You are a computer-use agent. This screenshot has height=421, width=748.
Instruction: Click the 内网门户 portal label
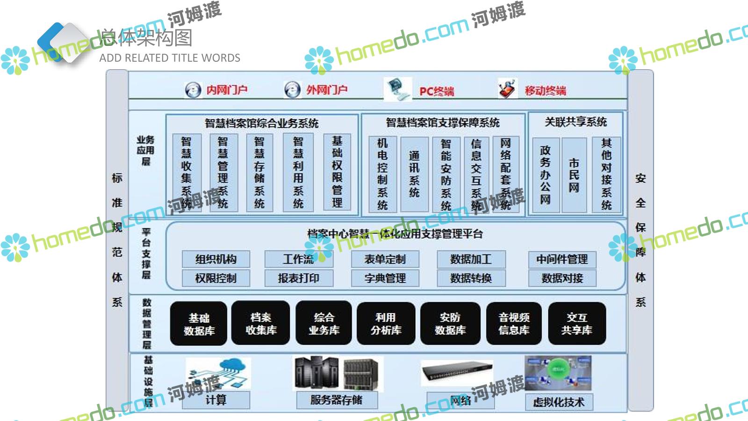pos(227,89)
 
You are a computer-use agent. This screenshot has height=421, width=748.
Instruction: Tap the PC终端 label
pos(436,91)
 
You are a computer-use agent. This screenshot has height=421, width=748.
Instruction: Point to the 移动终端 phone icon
pos(508,88)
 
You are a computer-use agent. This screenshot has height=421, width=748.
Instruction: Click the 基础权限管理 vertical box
pos(337,172)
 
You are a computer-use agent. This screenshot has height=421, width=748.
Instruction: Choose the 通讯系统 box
pos(414,174)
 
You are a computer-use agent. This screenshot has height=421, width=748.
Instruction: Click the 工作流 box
pos(299,259)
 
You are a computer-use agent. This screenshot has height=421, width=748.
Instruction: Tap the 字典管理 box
pos(385,278)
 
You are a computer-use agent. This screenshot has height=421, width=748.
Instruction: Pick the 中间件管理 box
pos(562,259)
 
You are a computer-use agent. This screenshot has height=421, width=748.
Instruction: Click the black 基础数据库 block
pos(199,324)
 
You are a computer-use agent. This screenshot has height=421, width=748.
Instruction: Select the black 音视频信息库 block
pos(514,324)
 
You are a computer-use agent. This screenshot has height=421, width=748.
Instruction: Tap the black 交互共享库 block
pos(576,324)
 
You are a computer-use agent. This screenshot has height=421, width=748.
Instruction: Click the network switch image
pos(457,373)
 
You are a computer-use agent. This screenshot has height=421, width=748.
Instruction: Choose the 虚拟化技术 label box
pos(559,402)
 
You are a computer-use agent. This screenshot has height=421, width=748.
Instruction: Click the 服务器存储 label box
pos(336,400)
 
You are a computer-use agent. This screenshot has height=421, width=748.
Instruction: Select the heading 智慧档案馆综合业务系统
pos(262,123)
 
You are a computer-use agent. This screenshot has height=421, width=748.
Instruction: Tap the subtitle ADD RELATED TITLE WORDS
pos(170,58)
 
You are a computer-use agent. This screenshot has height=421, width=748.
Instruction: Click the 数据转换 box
pos(471,278)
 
